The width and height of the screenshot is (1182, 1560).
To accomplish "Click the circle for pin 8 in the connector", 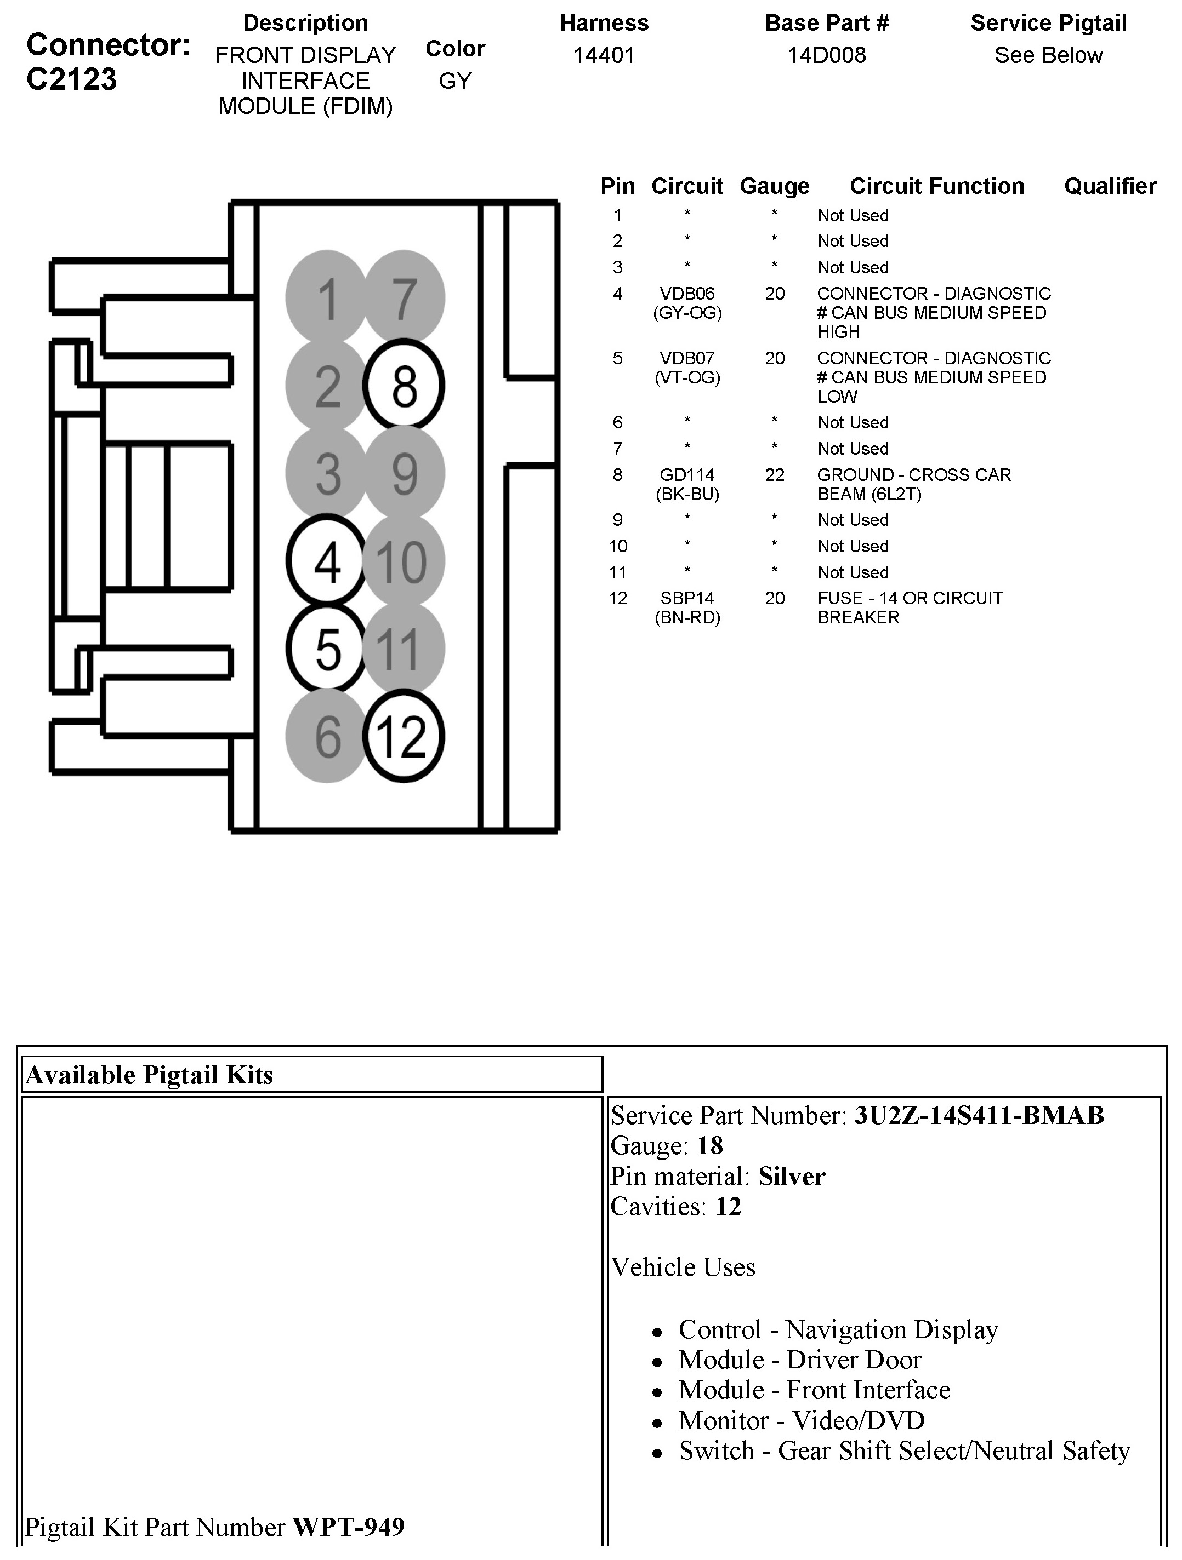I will pos(404,386).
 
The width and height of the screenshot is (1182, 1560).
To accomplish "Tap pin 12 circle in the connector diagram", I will pos(404,736).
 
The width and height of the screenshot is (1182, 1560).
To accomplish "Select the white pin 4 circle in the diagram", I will pos(327,561).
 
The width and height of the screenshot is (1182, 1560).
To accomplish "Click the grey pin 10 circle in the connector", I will pos(404,561).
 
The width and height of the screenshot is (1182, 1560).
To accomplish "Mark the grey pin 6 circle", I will pos(327,736).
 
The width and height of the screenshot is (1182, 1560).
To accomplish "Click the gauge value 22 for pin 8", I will pos(774,475).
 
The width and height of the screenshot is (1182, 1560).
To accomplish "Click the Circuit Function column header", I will pos(936,186).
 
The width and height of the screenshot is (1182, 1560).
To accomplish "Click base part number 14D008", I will pos(826,55).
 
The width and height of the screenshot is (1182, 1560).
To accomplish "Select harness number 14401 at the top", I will pos(604,55).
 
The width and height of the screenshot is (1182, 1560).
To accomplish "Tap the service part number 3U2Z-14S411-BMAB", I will pos(979,1115).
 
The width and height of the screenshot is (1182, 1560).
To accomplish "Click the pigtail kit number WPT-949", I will pos(349,1527).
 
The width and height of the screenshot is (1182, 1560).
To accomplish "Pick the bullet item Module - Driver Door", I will pos(799,1359).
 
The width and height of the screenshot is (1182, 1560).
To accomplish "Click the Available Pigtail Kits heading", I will pos(149,1075).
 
